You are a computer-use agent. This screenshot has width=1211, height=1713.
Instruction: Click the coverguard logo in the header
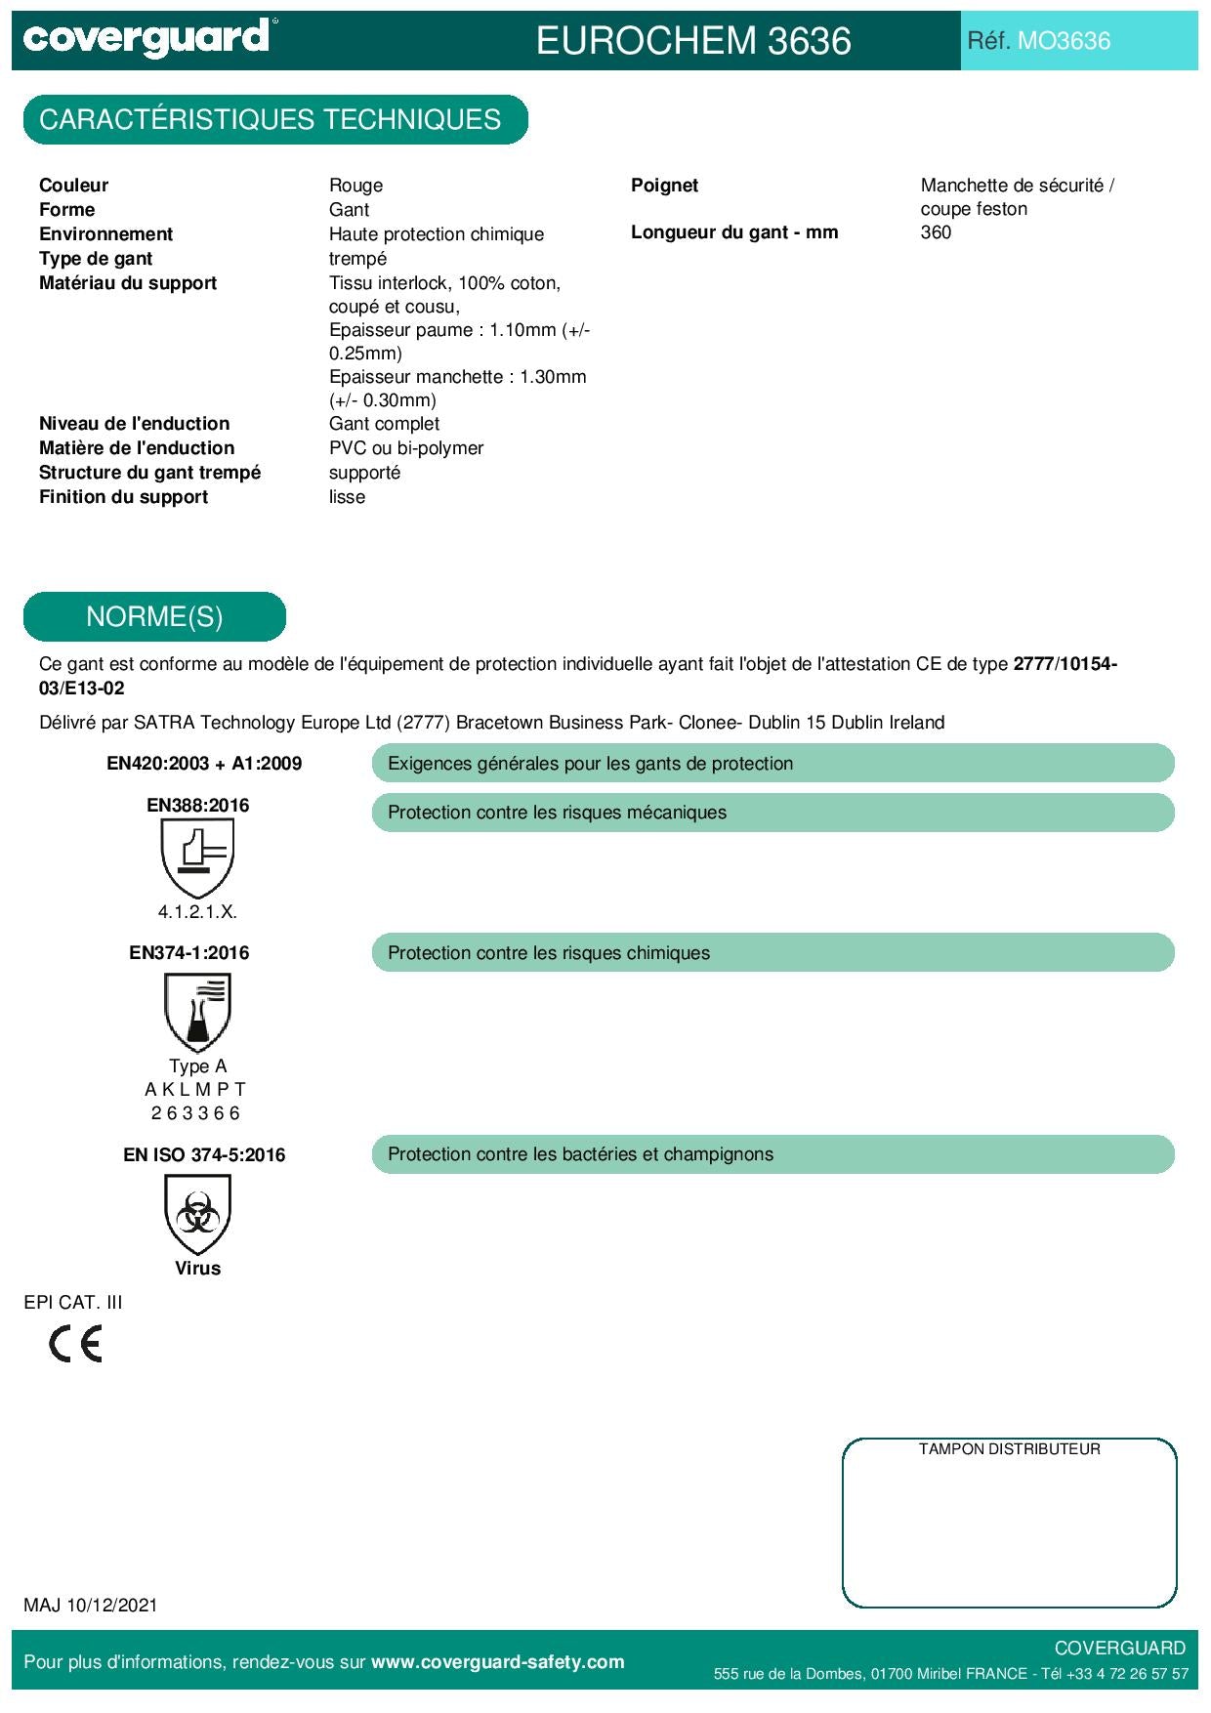(146, 39)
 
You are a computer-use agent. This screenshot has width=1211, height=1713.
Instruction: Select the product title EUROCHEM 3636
(693, 41)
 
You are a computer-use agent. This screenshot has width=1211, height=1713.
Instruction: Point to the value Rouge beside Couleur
(355, 186)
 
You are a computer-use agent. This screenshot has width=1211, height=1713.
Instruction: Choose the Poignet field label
(664, 186)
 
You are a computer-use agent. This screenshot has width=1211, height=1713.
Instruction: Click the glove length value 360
(936, 232)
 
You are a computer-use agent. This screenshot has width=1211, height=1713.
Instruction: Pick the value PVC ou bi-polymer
(406, 448)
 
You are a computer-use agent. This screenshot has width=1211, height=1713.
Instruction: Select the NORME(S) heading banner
(154, 617)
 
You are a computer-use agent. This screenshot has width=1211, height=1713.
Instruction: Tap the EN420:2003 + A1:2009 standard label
(204, 764)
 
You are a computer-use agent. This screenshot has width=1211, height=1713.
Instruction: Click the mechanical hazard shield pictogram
(197, 857)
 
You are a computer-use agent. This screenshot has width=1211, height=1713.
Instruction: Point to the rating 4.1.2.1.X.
(197, 912)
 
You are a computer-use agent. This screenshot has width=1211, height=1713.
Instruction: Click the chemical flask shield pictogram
(197, 1013)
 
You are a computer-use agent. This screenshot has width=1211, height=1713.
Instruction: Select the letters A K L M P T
(195, 1090)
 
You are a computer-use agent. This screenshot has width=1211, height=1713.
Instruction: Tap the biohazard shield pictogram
(197, 1215)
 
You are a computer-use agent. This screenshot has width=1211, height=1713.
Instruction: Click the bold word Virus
(197, 1269)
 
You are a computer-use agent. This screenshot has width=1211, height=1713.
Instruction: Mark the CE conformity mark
(76, 1345)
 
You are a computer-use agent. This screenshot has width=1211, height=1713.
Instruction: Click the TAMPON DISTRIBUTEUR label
(1009, 1449)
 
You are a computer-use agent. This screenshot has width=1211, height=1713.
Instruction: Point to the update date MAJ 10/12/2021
(91, 1606)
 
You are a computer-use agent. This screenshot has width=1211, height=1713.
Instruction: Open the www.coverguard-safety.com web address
(497, 1662)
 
